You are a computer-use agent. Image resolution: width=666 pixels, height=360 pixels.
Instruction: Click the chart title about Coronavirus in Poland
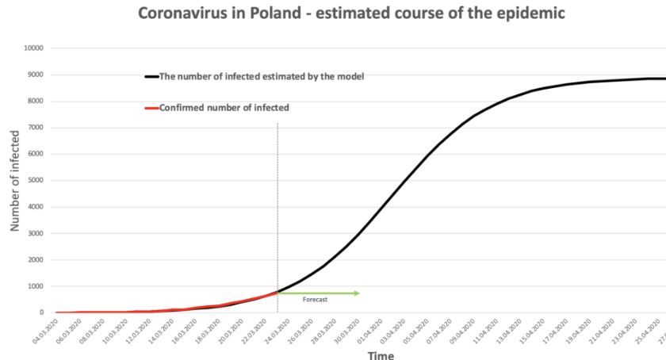pyautogui.click(x=351, y=13)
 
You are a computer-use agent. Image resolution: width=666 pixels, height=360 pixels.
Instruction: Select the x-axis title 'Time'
pyautogui.click(x=381, y=354)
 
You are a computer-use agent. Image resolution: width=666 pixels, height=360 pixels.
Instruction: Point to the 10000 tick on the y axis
pyautogui.click(x=35, y=48)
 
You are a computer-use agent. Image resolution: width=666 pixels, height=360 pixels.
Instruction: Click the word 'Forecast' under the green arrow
pyautogui.click(x=315, y=300)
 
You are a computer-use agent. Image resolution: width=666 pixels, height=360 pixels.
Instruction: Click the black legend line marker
pyautogui.click(x=151, y=77)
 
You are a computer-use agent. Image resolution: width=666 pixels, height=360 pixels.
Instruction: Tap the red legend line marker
pyautogui.click(x=151, y=108)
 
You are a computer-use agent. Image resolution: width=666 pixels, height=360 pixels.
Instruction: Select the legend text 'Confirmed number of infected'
pyautogui.click(x=224, y=108)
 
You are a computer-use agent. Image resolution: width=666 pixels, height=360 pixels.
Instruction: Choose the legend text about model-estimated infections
pyautogui.click(x=262, y=77)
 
